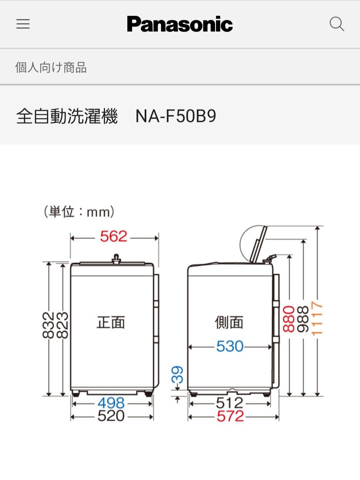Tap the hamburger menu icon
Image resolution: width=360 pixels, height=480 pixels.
[x=23, y=24]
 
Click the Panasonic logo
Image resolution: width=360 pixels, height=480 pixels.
[x=180, y=24]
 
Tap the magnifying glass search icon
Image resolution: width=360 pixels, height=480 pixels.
[x=337, y=24]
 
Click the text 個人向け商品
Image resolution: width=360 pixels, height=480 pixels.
[x=51, y=67]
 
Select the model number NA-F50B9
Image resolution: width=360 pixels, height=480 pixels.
[x=176, y=116]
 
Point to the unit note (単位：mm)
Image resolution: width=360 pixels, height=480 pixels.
[x=79, y=212]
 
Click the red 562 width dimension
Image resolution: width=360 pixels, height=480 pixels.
[x=113, y=236]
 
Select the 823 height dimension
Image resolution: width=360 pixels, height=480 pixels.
[x=62, y=325]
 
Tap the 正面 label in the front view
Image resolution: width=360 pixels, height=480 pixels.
[x=111, y=322]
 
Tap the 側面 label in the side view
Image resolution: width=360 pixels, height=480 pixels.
[x=229, y=322]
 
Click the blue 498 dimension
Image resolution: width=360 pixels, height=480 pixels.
[x=111, y=403]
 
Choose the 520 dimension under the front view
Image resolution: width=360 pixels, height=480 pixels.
[x=111, y=416]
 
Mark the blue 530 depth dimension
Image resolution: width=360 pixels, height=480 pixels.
[x=230, y=346]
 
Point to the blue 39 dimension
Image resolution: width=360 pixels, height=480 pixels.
[x=177, y=375]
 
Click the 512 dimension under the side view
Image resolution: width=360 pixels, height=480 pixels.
[x=230, y=403]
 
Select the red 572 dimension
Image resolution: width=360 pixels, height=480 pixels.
[x=230, y=416]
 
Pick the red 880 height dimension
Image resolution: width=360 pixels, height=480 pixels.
[x=289, y=319]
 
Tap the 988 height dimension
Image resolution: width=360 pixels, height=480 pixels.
[x=303, y=319]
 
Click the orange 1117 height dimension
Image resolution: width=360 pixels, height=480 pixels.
[x=317, y=318]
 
